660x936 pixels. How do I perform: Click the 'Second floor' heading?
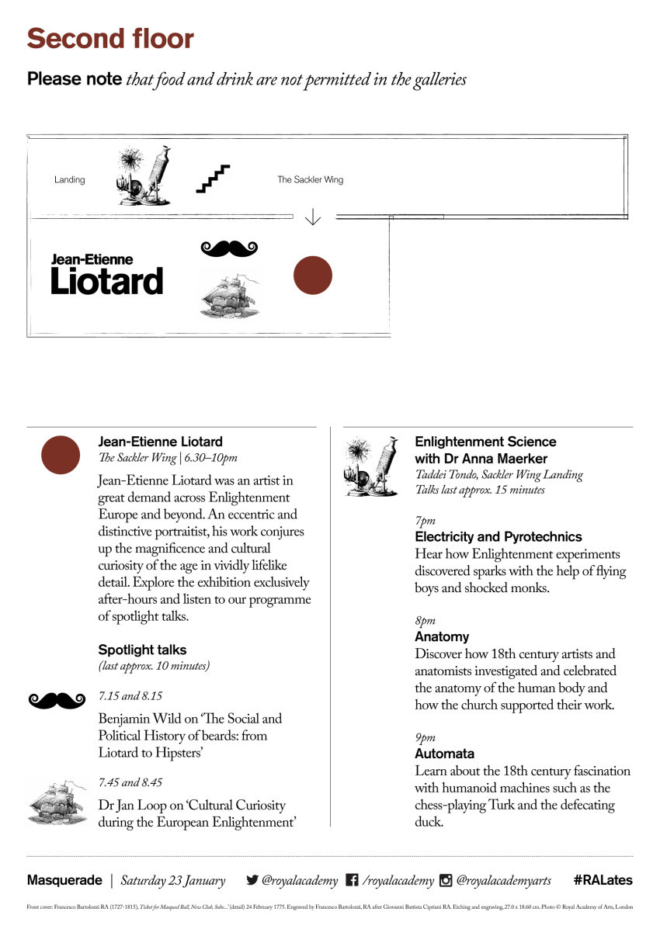point(110,39)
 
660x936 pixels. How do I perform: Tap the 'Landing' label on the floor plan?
point(69,180)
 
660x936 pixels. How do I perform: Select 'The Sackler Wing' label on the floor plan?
point(310,180)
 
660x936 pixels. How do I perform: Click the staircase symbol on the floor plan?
point(214,179)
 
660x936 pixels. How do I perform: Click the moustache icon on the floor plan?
point(229,248)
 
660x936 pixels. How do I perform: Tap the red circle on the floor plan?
point(313,276)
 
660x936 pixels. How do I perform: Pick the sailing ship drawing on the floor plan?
point(229,294)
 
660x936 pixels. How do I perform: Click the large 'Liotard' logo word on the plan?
point(107,281)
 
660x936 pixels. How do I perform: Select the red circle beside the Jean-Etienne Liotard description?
point(61,456)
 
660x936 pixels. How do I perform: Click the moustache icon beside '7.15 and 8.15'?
point(56,700)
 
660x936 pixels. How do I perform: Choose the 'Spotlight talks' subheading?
point(142,650)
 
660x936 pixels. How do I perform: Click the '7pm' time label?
point(425,521)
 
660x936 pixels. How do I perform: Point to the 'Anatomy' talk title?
point(442,636)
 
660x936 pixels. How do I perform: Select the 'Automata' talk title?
point(444,754)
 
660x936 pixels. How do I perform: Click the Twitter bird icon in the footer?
point(252,880)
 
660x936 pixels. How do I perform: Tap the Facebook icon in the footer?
point(352,880)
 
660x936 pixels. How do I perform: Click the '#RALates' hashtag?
point(603,880)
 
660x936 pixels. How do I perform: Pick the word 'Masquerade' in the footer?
point(64,880)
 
